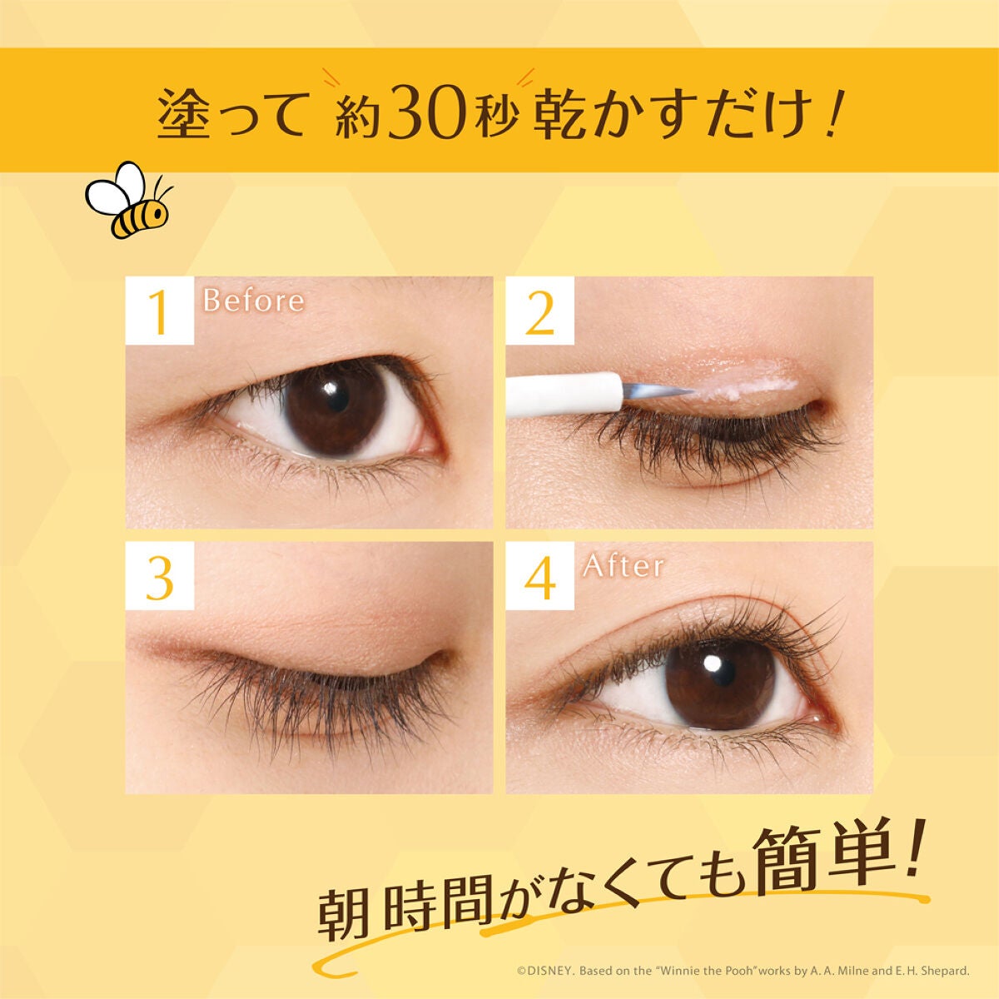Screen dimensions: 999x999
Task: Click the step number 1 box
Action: point(159,311)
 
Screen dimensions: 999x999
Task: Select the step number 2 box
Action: point(539,311)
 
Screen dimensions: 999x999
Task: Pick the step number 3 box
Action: point(159,576)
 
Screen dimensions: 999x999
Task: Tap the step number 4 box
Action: point(539,576)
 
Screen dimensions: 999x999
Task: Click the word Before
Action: point(253,300)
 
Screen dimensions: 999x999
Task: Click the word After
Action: point(624,566)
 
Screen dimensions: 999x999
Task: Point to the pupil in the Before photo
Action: point(334,399)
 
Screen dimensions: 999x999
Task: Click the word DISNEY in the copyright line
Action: point(547,971)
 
